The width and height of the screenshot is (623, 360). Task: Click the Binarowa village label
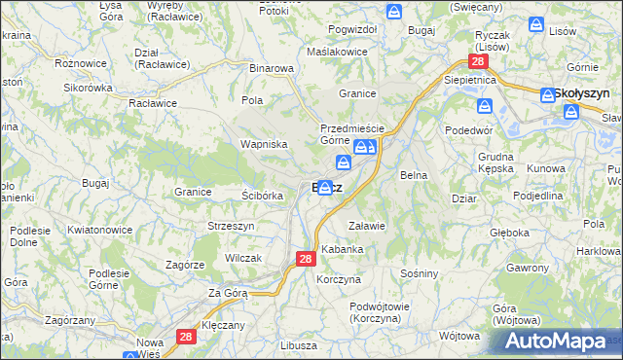click(272, 69)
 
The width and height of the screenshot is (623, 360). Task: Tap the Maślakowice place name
click(336, 51)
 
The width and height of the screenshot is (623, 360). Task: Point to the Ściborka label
click(262, 195)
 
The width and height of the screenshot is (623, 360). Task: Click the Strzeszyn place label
click(231, 226)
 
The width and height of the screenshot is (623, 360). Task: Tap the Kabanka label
click(343, 249)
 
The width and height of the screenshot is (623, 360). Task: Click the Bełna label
click(414, 175)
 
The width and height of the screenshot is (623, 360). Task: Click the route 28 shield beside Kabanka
click(305, 259)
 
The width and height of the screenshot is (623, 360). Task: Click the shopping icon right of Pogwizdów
click(394, 11)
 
